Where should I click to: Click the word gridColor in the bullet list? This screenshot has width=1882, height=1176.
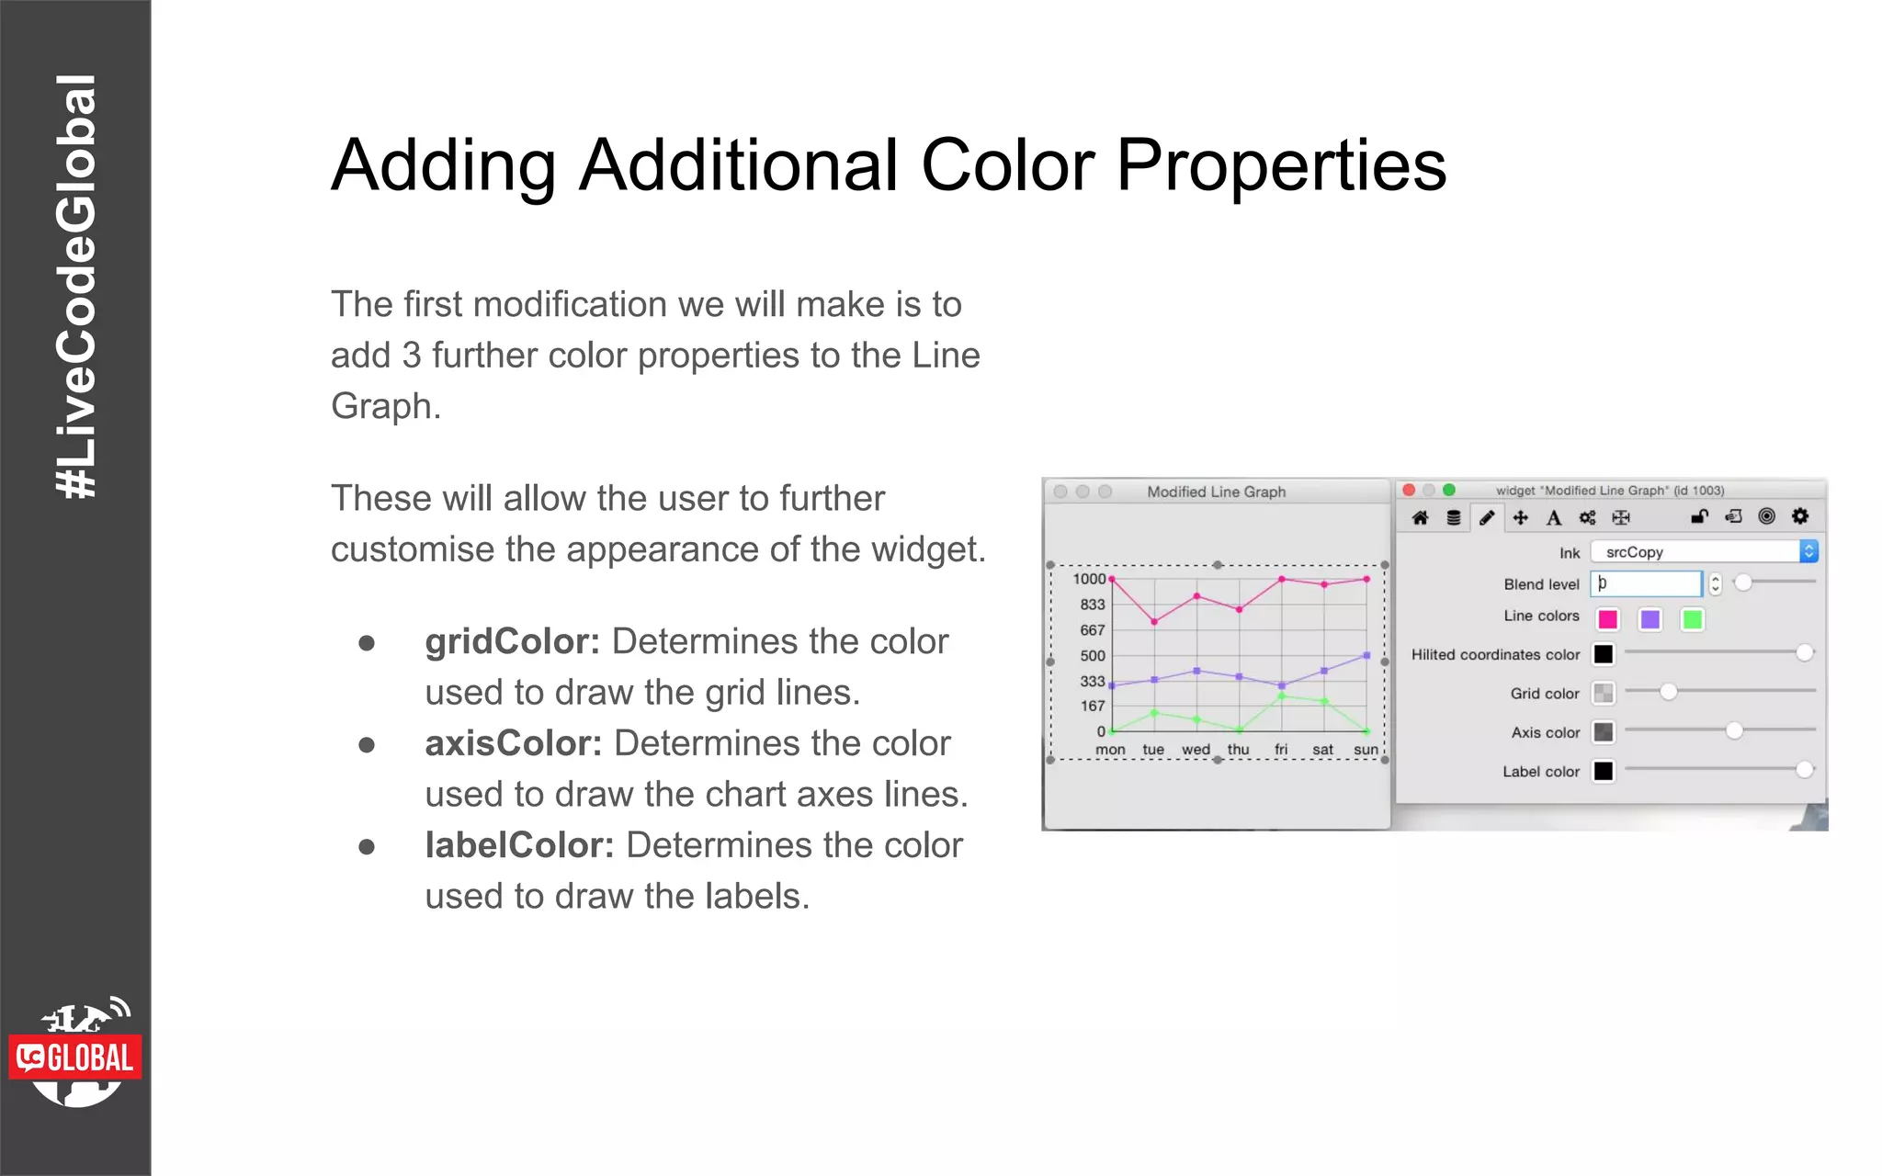[x=511, y=641]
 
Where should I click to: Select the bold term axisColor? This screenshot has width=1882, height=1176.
[x=513, y=743]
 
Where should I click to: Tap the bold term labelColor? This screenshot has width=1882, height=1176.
[x=519, y=845]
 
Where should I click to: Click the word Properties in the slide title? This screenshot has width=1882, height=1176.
[x=1281, y=165]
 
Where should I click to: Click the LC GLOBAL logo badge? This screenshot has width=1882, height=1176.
[x=75, y=1057]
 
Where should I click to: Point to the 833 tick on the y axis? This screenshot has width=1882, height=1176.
[x=1092, y=605]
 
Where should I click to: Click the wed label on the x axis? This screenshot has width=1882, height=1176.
[x=1196, y=750]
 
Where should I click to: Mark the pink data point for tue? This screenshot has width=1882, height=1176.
[x=1154, y=622]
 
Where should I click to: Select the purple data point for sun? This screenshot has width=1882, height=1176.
[x=1366, y=655]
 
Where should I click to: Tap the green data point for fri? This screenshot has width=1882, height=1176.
[x=1281, y=695]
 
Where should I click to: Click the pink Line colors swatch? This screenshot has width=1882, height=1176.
[x=1607, y=619]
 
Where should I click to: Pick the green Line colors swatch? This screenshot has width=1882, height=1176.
[x=1692, y=619]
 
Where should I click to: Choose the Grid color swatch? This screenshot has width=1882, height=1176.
[x=1604, y=693]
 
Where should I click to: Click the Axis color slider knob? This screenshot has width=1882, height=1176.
[x=1734, y=730]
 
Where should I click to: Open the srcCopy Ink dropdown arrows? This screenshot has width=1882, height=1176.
[x=1808, y=551]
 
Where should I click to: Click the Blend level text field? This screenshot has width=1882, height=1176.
[x=1646, y=583]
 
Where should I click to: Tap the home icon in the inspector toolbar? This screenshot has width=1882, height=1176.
[x=1420, y=517]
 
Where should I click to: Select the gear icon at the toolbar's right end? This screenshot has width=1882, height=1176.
[x=1800, y=516]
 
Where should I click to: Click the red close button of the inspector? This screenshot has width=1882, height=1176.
[x=1409, y=491]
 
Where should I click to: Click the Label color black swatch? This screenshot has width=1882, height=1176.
[x=1604, y=771]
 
